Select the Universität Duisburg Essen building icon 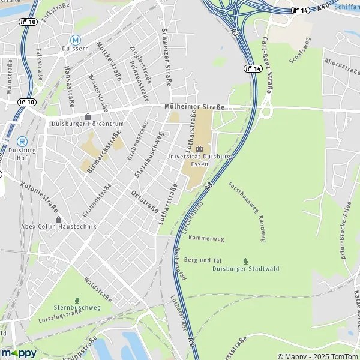[x=200, y=148]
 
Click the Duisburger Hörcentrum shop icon [x=88, y=116]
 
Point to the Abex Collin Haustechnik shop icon [x=58, y=219]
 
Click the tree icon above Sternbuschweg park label [x=77, y=299]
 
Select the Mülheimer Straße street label [x=194, y=107]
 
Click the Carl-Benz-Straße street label [x=268, y=65]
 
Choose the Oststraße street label [x=144, y=201]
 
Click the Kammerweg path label [x=206, y=238]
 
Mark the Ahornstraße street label [x=341, y=62]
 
